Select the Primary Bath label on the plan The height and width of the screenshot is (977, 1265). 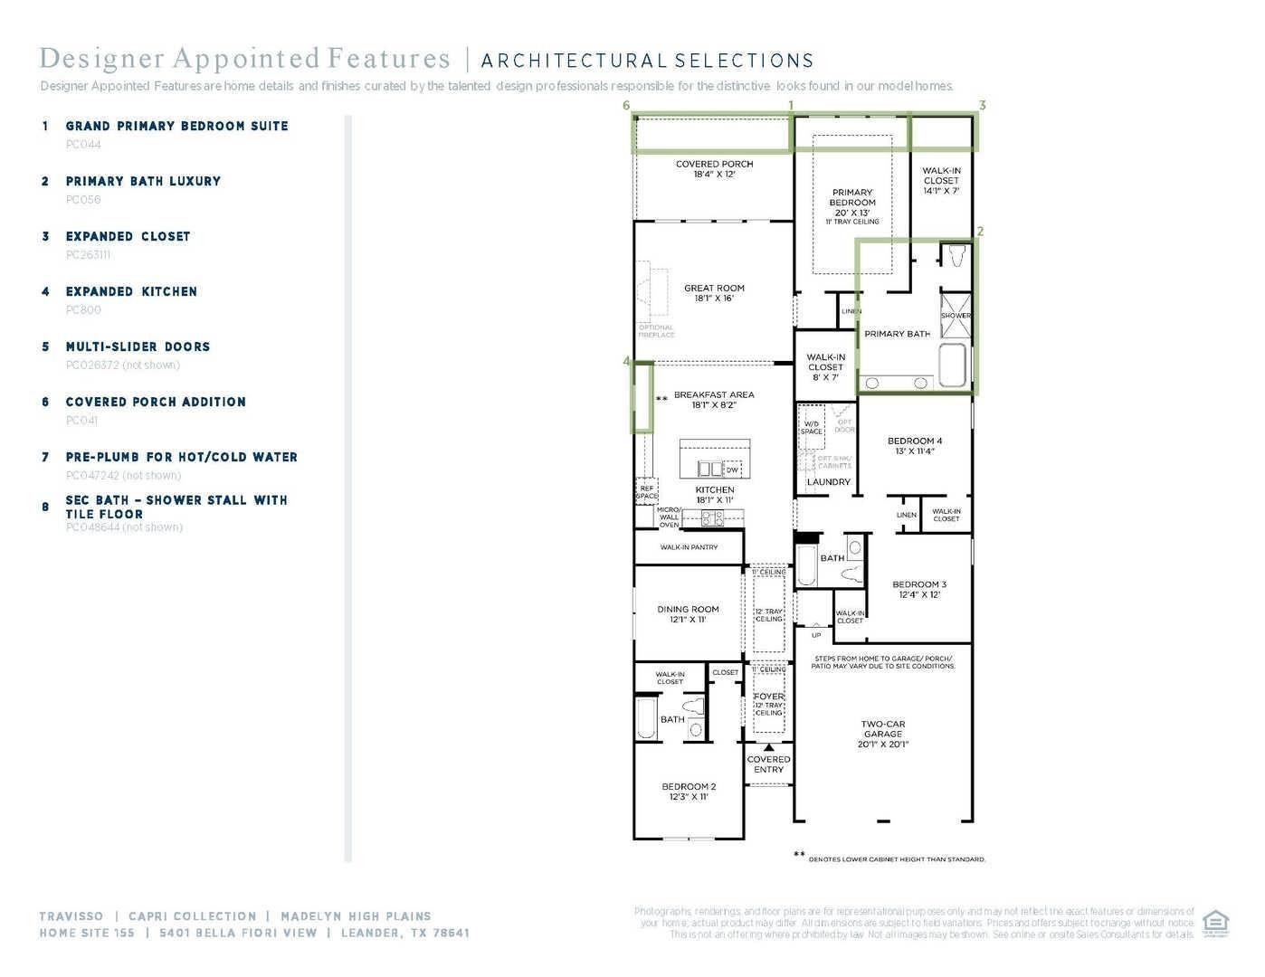tap(897, 334)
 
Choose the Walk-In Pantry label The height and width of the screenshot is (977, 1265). tap(689, 547)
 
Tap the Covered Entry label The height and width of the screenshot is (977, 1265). tap(768, 764)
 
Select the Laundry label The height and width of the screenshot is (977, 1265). tap(828, 482)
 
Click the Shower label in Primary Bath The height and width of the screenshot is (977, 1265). tap(956, 316)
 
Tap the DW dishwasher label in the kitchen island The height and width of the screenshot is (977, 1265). tap(732, 470)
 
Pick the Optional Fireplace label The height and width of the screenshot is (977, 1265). tap(656, 331)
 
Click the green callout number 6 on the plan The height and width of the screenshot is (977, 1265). tap(626, 105)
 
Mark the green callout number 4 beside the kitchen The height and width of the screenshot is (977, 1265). tap(626, 361)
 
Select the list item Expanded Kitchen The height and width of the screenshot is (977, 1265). tap(131, 291)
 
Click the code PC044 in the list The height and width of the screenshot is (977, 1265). tap(83, 145)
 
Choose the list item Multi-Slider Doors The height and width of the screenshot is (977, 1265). tap(138, 346)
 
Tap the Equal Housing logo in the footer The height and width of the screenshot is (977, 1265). tap(1215, 924)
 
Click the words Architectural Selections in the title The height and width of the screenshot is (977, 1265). tap(647, 62)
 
